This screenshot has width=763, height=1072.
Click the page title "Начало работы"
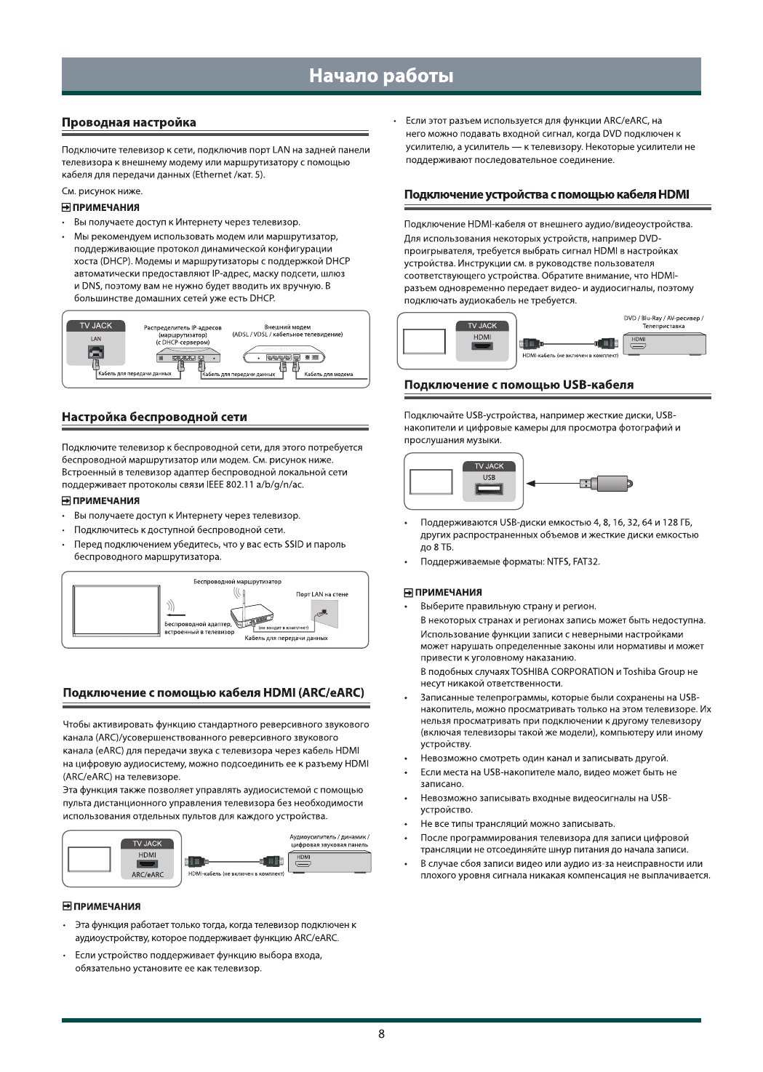pyautogui.click(x=381, y=76)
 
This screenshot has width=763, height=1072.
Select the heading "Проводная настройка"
pyautogui.click(x=129, y=122)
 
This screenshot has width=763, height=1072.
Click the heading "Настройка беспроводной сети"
pyautogui.click(x=154, y=417)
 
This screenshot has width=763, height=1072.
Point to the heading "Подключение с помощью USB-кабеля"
pyautogui.click(x=519, y=385)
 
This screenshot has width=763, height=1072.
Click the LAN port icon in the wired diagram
pyautogui.click(x=95, y=353)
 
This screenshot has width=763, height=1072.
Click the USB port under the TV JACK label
pyautogui.click(x=489, y=489)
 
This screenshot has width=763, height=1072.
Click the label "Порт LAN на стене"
pyautogui.click(x=322, y=594)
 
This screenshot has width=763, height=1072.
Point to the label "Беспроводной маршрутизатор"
pyautogui.click(x=237, y=582)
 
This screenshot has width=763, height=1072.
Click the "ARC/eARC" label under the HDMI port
pyautogui.click(x=147, y=875)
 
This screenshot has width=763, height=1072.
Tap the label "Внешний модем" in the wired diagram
pyautogui.click(x=287, y=327)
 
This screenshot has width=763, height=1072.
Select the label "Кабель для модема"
pyautogui.click(x=329, y=374)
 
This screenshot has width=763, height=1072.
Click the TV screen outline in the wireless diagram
pyautogui.click(x=116, y=609)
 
